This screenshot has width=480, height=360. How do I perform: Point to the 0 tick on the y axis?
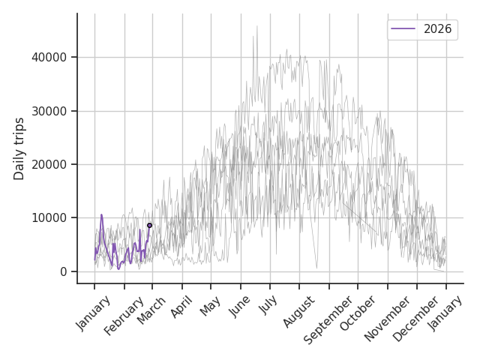[63, 271]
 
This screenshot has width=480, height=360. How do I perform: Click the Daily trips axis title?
[19, 148]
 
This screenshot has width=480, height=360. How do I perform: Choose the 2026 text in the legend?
[436, 29]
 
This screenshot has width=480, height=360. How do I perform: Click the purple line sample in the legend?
[403, 29]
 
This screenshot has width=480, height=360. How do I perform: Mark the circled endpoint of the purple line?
[149, 225]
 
